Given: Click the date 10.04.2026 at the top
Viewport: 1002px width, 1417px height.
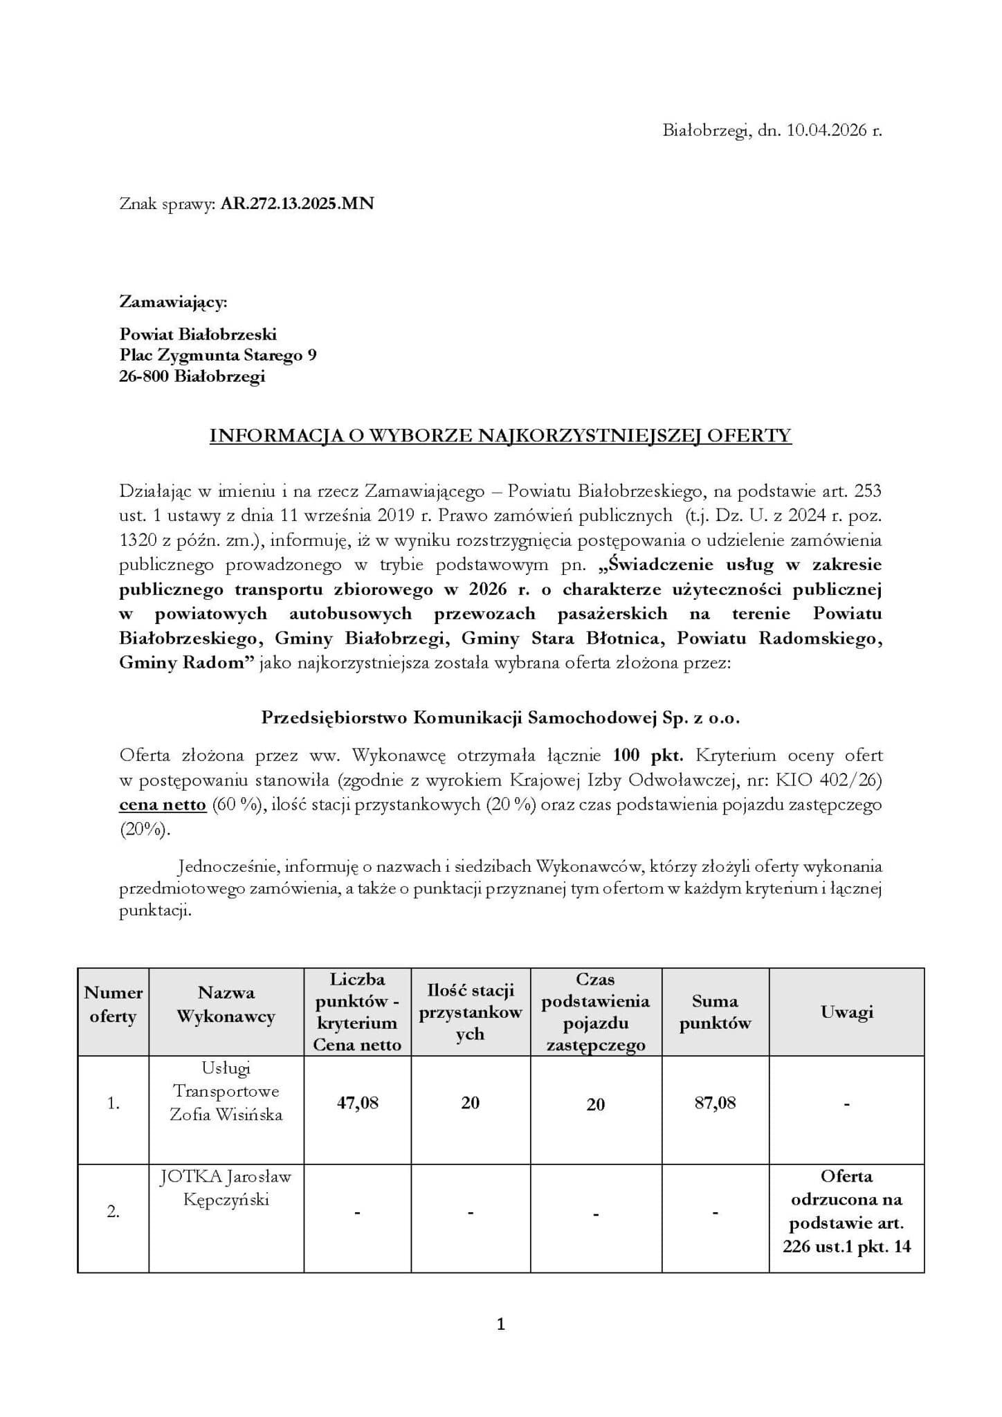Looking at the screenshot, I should tap(826, 131).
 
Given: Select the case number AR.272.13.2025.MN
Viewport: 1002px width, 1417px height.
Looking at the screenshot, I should tap(297, 204).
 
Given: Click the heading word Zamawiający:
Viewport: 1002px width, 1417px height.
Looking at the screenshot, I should tap(173, 302).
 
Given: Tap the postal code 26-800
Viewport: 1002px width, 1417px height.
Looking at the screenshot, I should tap(145, 377).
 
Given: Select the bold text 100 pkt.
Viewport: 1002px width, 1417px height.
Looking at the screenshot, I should tap(648, 755).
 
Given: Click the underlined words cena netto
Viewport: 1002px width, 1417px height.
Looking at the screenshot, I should tap(163, 805).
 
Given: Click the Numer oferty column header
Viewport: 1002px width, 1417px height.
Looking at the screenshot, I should tap(113, 1005).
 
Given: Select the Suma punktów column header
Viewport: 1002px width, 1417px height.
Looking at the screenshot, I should tap(715, 1012).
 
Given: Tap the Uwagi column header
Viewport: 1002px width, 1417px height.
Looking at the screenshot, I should tap(846, 1012).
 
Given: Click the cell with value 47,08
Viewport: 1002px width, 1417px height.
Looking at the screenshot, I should tap(357, 1103).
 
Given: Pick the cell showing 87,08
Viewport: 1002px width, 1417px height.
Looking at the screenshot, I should tap(715, 1103).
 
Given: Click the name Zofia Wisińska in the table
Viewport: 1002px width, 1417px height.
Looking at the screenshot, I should tap(226, 1115).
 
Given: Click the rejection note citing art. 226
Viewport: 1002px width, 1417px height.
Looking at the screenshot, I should tap(846, 1212).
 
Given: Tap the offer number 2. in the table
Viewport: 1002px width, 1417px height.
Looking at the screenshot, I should tap(113, 1212).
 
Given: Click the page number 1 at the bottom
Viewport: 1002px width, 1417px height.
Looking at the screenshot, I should tap(501, 1324).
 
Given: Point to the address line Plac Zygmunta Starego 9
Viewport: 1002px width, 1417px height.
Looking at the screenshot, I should tap(218, 356).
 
